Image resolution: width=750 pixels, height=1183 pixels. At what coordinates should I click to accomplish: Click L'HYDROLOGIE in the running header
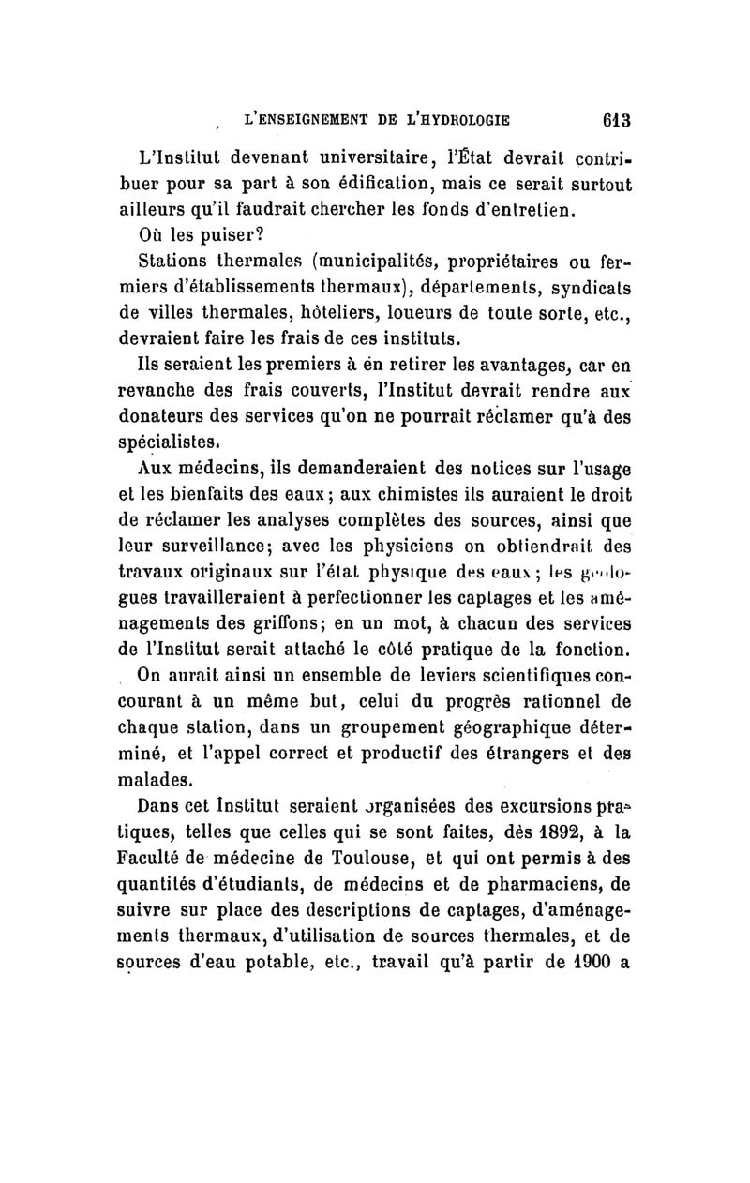coord(448,119)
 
